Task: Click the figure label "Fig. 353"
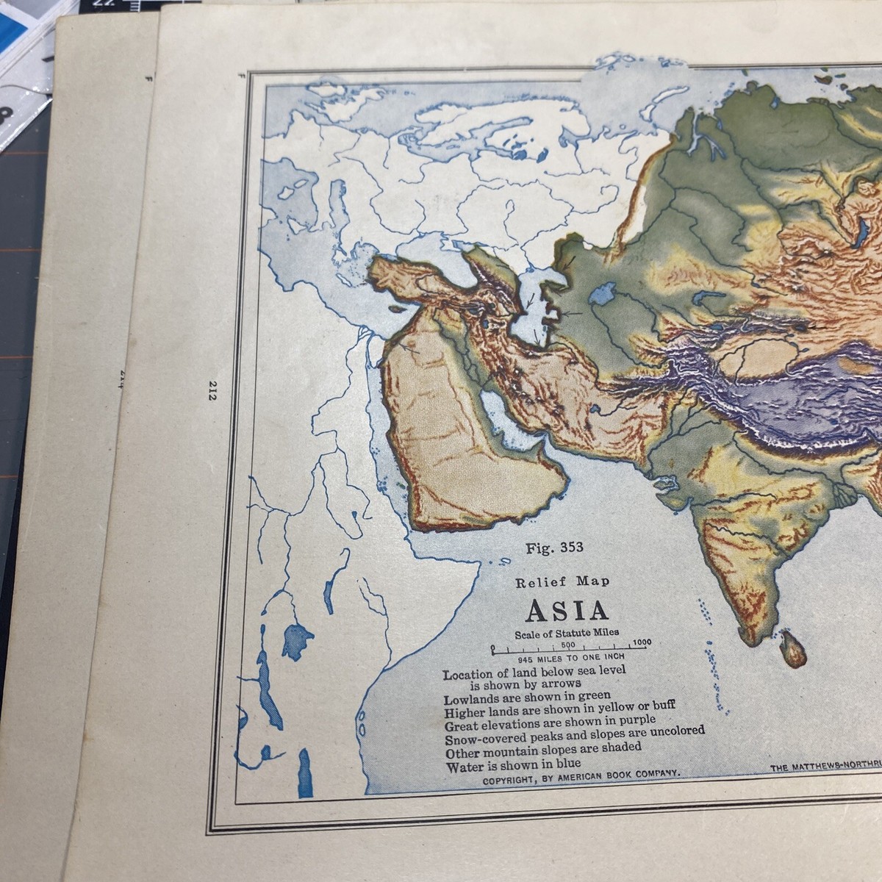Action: (554, 548)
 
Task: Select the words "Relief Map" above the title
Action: (562, 582)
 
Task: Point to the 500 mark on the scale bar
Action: (567, 644)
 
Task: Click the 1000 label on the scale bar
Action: (641, 642)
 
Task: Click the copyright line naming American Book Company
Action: (581, 773)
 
